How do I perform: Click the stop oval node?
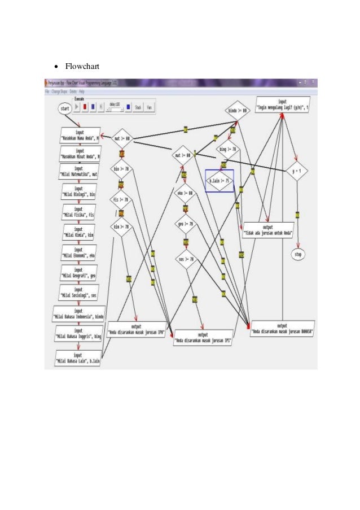coord(298,255)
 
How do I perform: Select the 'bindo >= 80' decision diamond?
coord(237,110)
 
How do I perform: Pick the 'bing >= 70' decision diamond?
coord(226,150)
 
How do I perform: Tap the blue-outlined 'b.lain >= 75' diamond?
coord(219,181)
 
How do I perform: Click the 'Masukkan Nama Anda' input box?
coord(80,136)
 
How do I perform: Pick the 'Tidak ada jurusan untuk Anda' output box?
coord(268,229)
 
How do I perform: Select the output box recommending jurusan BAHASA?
coord(283,329)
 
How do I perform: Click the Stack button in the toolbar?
coord(138,107)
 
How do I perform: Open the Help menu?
coord(82,91)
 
